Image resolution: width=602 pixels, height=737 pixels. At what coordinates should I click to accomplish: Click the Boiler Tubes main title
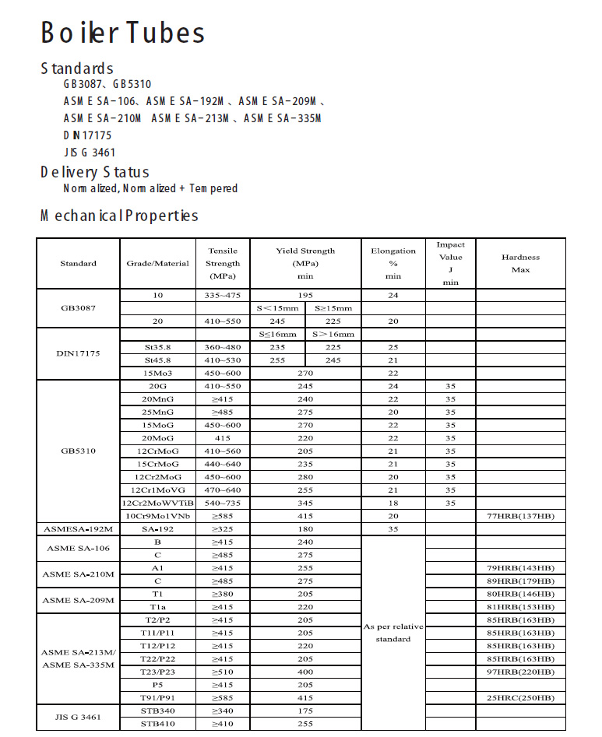(122, 33)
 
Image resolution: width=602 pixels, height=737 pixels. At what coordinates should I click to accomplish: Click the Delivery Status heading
(94, 172)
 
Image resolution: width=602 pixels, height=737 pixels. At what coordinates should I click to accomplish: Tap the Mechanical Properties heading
(119, 216)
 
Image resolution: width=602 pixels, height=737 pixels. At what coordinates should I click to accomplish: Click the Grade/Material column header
(157, 263)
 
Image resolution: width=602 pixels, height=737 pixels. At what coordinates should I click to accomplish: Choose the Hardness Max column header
(520, 263)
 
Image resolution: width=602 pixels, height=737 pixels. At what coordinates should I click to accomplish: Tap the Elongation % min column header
(393, 263)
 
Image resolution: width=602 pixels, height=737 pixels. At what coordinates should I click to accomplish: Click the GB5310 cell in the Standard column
(78, 451)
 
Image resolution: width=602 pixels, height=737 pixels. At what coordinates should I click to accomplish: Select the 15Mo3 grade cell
(157, 373)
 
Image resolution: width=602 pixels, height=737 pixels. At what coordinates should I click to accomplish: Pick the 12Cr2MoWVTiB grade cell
(157, 503)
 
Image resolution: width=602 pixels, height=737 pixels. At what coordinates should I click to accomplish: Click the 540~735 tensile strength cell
(223, 503)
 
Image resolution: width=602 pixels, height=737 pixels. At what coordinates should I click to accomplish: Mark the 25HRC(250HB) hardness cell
(520, 698)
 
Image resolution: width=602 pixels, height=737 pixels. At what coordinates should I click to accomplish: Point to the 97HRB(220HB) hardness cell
(520, 672)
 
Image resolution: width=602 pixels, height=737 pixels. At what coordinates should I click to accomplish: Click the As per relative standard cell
(393, 632)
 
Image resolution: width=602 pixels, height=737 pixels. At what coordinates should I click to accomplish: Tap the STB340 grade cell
(157, 711)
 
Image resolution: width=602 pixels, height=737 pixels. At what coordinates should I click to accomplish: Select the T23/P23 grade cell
(157, 672)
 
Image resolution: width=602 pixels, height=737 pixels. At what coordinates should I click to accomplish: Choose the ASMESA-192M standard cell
(78, 528)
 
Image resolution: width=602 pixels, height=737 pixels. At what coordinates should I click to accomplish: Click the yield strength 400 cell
(305, 672)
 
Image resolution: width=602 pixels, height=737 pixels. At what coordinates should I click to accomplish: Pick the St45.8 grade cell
(157, 360)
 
